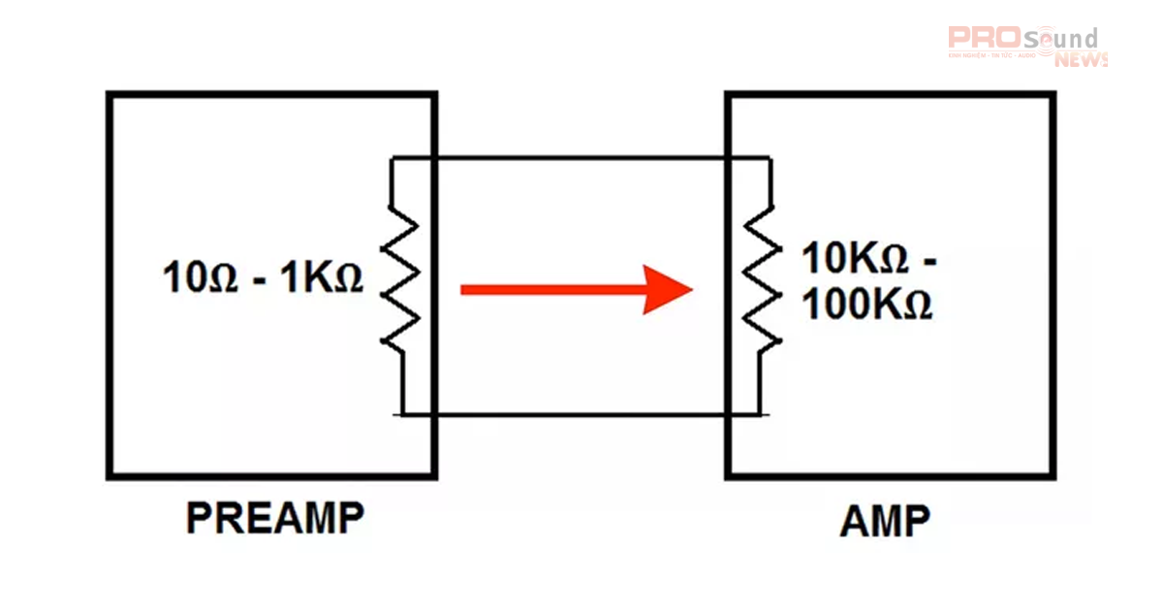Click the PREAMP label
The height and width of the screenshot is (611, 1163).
coord(274,519)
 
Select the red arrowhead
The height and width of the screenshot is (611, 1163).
coord(669,289)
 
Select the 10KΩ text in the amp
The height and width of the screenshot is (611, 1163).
coord(855,260)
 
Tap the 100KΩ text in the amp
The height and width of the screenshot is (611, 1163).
coord(866,305)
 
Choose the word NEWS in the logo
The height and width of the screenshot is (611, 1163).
coord(1081,60)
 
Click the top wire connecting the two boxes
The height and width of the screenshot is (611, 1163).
coord(581,156)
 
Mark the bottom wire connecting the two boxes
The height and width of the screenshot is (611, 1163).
coord(581,415)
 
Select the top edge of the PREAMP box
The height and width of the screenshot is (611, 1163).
coord(271,95)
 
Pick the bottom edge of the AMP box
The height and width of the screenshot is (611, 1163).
coord(890,476)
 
